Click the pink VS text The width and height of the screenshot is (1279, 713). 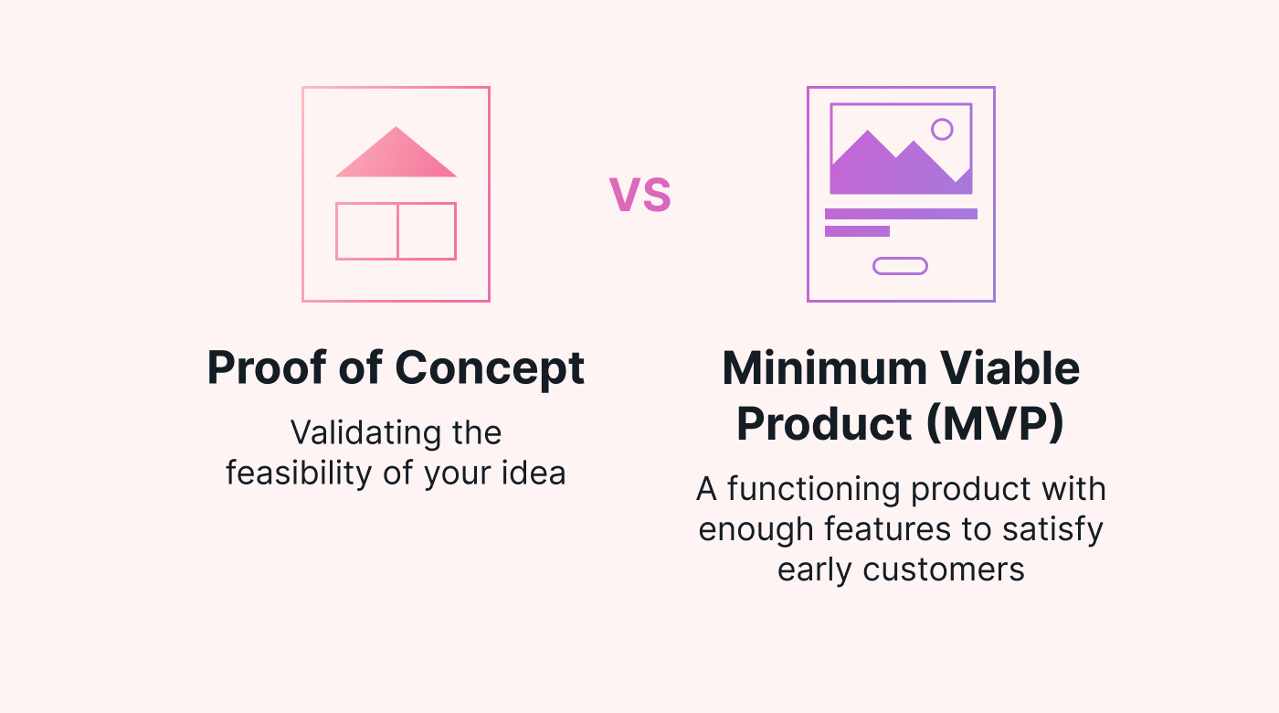(x=640, y=195)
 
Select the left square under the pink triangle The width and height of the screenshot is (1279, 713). (x=366, y=231)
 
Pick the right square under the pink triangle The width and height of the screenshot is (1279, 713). (x=427, y=231)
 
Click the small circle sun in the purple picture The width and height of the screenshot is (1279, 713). (x=942, y=129)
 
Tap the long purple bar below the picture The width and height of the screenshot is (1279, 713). (x=901, y=214)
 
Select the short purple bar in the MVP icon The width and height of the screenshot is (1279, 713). (x=857, y=230)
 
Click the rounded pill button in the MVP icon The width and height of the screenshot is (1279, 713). (x=900, y=266)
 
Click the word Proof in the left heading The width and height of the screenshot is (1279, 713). (x=266, y=367)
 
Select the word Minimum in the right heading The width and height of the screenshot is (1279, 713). (x=824, y=367)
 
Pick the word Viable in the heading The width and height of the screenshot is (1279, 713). (x=1010, y=367)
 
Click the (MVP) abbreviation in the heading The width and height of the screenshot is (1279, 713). (x=995, y=423)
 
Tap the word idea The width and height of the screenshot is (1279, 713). (x=534, y=473)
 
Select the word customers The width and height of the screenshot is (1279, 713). (x=943, y=569)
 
